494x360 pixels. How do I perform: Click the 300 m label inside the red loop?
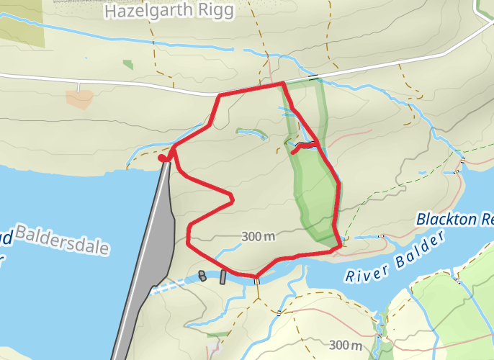pyautogui.click(x=259, y=236)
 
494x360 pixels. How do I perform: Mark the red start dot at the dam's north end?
pyautogui.click(x=163, y=158)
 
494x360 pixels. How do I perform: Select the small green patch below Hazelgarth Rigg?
pyautogui.click(x=128, y=64)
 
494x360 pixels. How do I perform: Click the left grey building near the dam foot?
pyautogui.click(x=202, y=275)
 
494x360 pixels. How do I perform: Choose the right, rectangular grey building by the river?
pyautogui.click(x=223, y=276)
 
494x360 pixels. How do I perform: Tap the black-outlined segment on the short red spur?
pyautogui.click(x=304, y=146)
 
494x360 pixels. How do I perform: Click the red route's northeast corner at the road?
pyautogui.click(x=282, y=84)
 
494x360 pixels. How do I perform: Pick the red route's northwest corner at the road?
pyautogui.click(x=220, y=95)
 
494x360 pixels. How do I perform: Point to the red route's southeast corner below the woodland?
pyautogui.click(x=338, y=246)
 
